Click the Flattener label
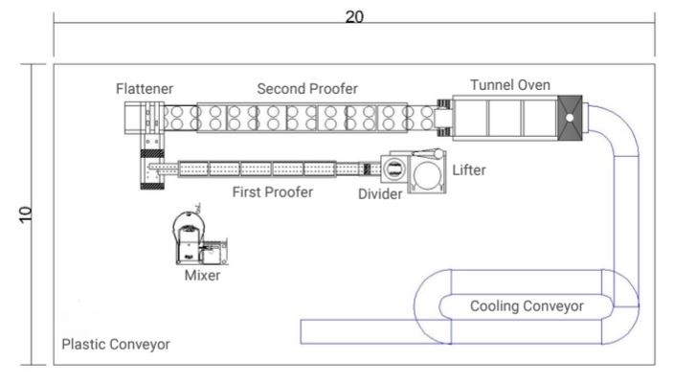[x=145, y=89]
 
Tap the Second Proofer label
[x=307, y=89]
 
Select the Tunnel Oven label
[x=510, y=85]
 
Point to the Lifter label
[x=469, y=170]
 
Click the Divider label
[x=380, y=194]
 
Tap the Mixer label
[x=202, y=276]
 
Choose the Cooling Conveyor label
[x=526, y=306]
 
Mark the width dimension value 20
[x=353, y=18]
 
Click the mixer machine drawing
[x=196, y=239]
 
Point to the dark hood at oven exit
[x=568, y=117]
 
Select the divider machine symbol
[x=393, y=170]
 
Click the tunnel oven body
[x=505, y=117]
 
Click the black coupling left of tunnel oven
[x=443, y=117]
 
